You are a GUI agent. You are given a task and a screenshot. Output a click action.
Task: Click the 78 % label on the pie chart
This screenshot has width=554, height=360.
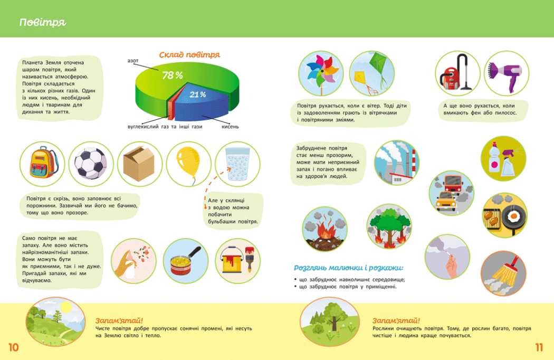[173, 75]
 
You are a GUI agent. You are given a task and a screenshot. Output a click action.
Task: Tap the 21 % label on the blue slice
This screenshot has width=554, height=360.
[197, 94]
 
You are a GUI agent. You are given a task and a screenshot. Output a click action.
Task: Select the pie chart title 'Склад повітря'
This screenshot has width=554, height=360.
[189, 54]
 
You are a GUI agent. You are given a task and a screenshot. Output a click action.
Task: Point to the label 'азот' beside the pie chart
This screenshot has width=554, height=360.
[133, 61]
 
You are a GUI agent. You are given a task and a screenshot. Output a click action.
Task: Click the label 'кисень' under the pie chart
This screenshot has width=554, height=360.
[230, 126]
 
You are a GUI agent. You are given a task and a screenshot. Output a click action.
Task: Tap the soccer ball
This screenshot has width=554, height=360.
[91, 163]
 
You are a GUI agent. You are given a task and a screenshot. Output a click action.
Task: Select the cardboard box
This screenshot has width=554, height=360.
[139, 164]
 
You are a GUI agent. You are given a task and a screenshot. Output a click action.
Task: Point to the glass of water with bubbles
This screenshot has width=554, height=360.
[237, 164]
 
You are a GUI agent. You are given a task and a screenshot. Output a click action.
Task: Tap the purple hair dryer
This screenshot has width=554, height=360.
[506, 74]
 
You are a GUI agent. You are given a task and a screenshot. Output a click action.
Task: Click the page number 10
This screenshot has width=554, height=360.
[13, 347]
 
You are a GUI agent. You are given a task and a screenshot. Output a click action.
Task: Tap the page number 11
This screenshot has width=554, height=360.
[539, 347]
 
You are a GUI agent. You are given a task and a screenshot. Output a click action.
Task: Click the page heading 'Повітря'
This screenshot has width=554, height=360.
[43, 22]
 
